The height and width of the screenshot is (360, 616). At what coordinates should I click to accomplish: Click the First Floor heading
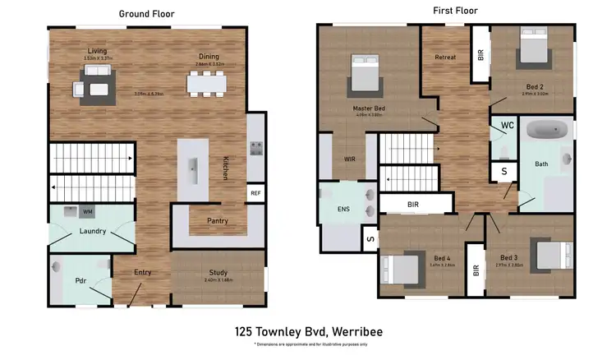(x=455, y=11)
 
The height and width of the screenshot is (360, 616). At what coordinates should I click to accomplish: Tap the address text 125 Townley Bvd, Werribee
(x=307, y=333)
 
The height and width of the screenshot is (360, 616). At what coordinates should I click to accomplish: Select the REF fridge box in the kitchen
(x=256, y=193)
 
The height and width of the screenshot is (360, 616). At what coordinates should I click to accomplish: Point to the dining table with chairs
(x=205, y=84)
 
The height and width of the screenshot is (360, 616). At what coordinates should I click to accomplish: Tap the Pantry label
(x=217, y=220)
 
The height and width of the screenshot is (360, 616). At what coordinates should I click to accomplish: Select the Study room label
(x=218, y=273)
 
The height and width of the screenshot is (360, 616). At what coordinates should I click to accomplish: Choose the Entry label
(x=143, y=273)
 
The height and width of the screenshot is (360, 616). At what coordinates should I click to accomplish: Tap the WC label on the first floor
(x=508, y=126)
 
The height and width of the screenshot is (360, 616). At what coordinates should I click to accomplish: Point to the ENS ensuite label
(x=343, y=209)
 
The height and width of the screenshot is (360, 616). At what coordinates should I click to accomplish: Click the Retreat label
(x=444, y=57)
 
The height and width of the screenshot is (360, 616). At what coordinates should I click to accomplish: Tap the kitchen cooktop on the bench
(x=256, y=149)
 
